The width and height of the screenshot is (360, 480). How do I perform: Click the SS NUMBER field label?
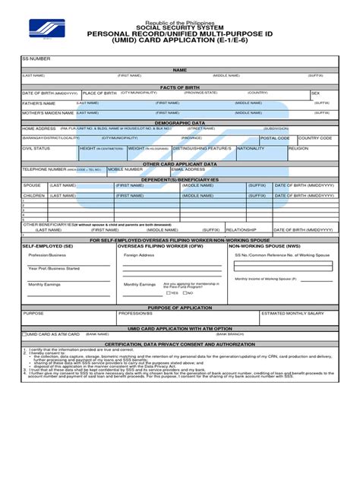pos(36,58)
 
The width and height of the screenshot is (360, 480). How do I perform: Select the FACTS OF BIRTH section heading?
pos(179,87)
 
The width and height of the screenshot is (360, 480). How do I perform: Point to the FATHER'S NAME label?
pos(39,103)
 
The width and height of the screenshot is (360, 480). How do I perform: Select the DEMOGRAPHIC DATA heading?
pos(179,122)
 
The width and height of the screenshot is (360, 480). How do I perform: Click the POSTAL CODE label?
pos(275,138)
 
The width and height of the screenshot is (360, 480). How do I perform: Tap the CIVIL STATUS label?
pos(36,149)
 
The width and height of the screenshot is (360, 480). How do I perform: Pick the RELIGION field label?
pos(298,149)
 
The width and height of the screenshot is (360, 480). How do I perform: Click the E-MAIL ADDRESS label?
pos(188,169)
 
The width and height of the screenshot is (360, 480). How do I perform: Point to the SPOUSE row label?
pos(33,185)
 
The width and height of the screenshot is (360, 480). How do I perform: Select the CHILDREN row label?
pos(34,195)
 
